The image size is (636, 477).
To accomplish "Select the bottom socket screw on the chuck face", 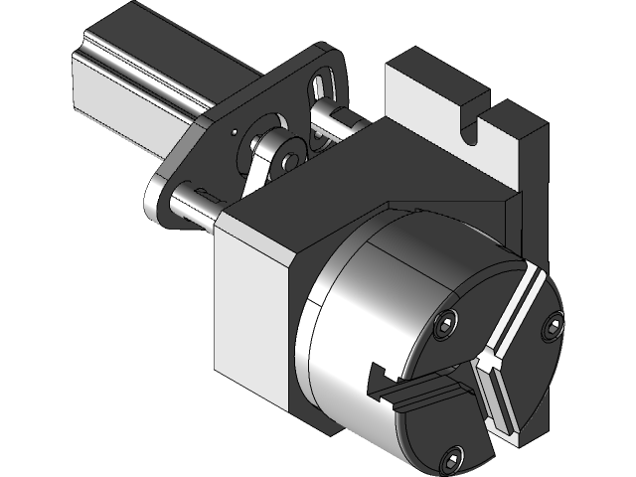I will click(452, 458).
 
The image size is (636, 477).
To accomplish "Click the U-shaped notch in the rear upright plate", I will click(475, 126).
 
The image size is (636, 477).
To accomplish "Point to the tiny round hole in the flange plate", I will click(232, 129).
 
